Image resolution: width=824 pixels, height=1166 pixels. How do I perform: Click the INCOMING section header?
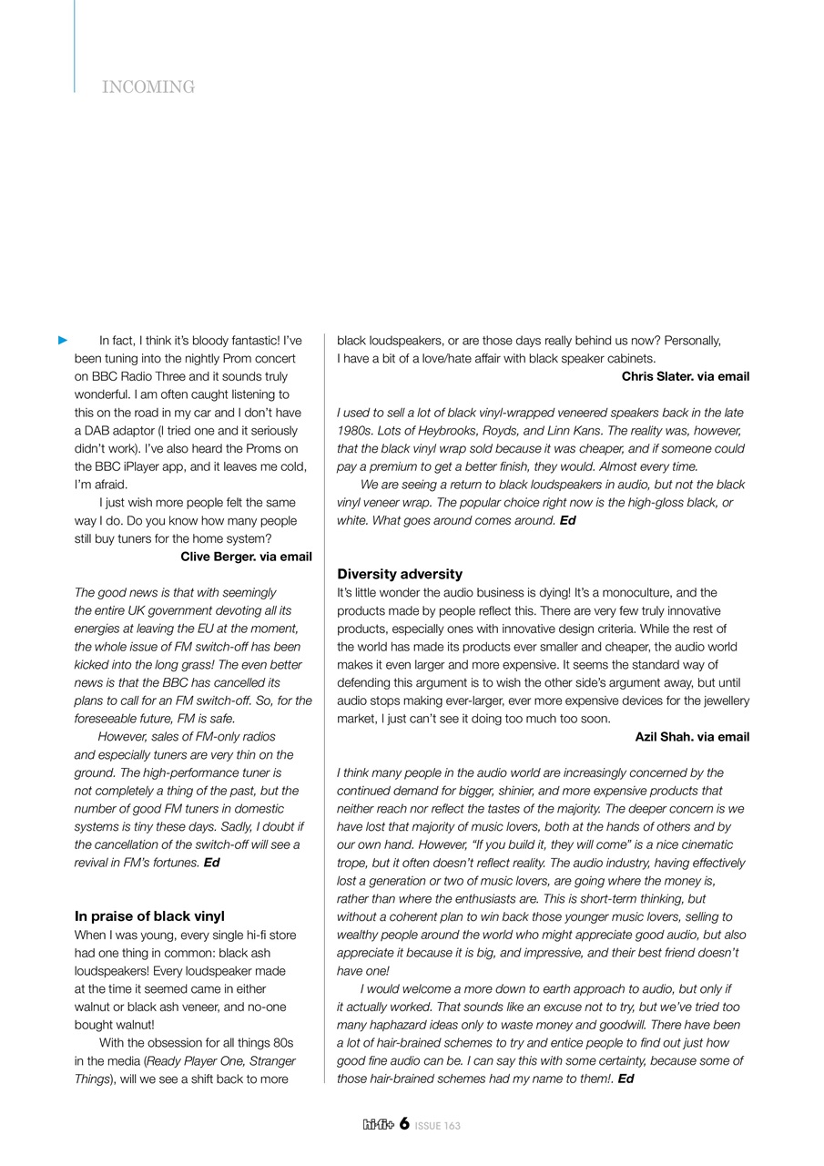point(148,87)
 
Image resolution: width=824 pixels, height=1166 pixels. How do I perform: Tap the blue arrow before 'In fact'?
point(63,341)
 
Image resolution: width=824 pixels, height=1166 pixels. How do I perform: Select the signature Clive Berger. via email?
point(246,557)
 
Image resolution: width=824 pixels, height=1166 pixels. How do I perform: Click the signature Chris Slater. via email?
point(686,376)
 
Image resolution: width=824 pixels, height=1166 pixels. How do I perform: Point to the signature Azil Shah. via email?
point(692,737)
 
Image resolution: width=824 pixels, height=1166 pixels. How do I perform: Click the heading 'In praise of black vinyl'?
point(149,916)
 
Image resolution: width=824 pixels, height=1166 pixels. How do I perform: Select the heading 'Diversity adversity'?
point(400,574)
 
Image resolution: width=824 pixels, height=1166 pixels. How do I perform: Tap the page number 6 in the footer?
point(403,1124)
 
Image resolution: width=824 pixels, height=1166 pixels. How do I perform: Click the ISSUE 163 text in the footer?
point(438,1126)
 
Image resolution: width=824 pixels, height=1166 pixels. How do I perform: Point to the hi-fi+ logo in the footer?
point(378,1125)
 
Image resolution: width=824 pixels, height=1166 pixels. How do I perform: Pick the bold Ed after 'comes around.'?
point(567,521)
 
